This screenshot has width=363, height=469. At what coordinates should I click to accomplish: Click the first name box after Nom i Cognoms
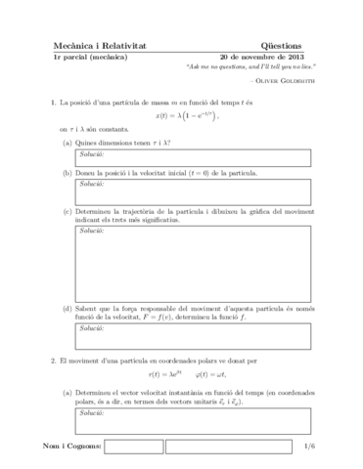tap(132, 447)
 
